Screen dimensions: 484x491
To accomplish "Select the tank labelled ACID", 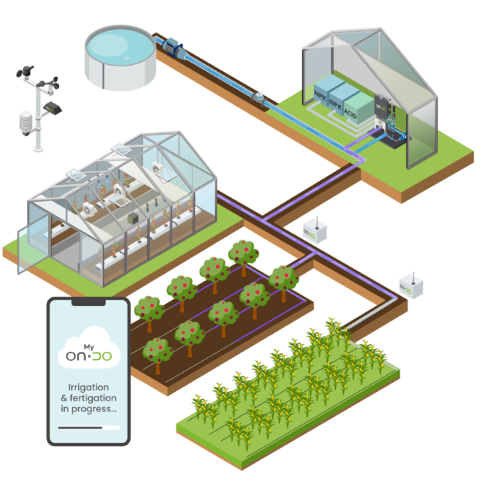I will point(357,109).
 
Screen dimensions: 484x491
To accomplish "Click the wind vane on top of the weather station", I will point(24,73).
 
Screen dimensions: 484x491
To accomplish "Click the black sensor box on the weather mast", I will point(52,107).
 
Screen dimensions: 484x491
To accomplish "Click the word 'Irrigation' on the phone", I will point(88,387).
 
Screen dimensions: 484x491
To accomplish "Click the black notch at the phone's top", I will point(87,304).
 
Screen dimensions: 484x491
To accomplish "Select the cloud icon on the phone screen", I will point(87,352).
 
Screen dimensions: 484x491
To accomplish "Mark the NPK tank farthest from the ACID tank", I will point(322,94).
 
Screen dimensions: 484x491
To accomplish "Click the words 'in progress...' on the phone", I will point(88,408).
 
